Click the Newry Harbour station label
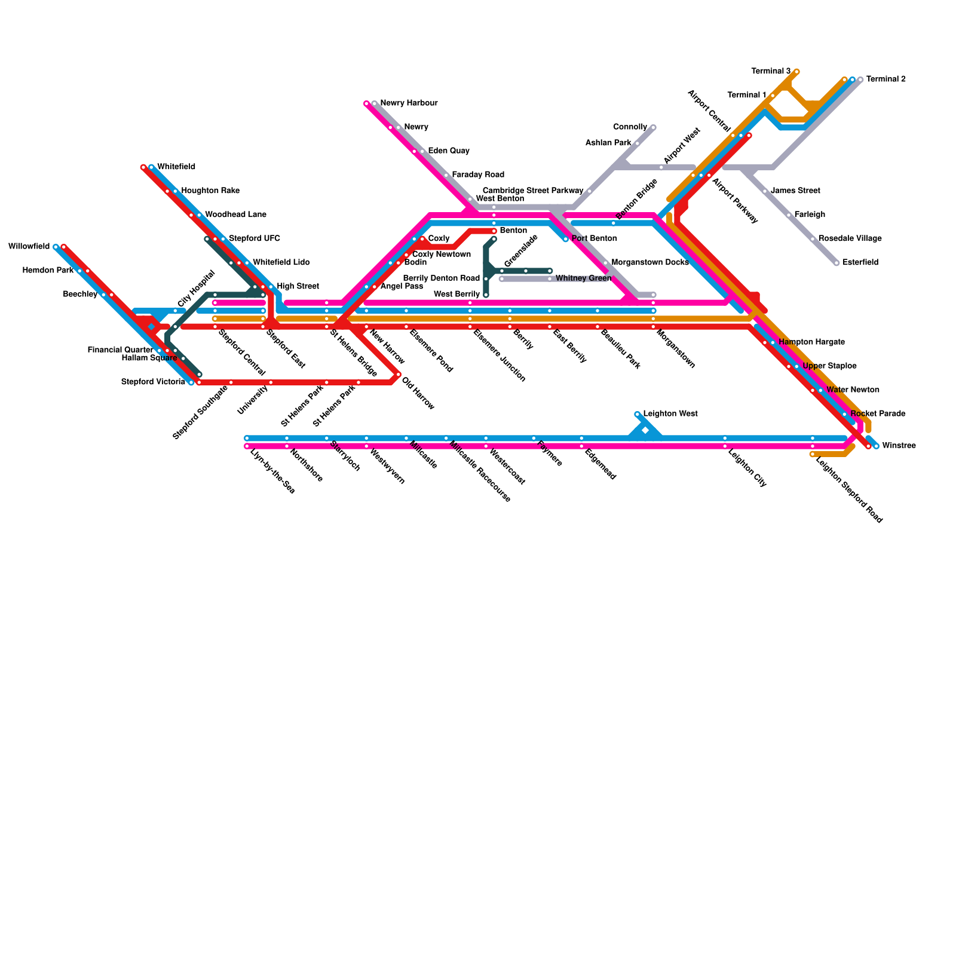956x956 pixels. [409, 103]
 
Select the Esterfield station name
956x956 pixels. [860, 263]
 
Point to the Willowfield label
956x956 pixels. [29, 247]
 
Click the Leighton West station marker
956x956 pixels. [638, 414]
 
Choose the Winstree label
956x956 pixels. [899, 446]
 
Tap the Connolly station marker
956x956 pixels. [654, 127]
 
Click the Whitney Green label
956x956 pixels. [583, 278]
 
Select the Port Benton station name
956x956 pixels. [594, 239]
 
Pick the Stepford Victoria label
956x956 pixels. [153, 382]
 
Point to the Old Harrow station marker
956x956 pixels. [399, 375]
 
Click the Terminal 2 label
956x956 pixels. [885, 79]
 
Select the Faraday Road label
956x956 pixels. [478, 175]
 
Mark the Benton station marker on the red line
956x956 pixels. [494, 231]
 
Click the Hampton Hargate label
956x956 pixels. [811, 342]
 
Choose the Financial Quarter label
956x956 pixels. [120, 350]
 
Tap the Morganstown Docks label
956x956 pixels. [650, 263]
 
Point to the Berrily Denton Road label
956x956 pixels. [442, 278]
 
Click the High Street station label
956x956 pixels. [298, 287]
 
